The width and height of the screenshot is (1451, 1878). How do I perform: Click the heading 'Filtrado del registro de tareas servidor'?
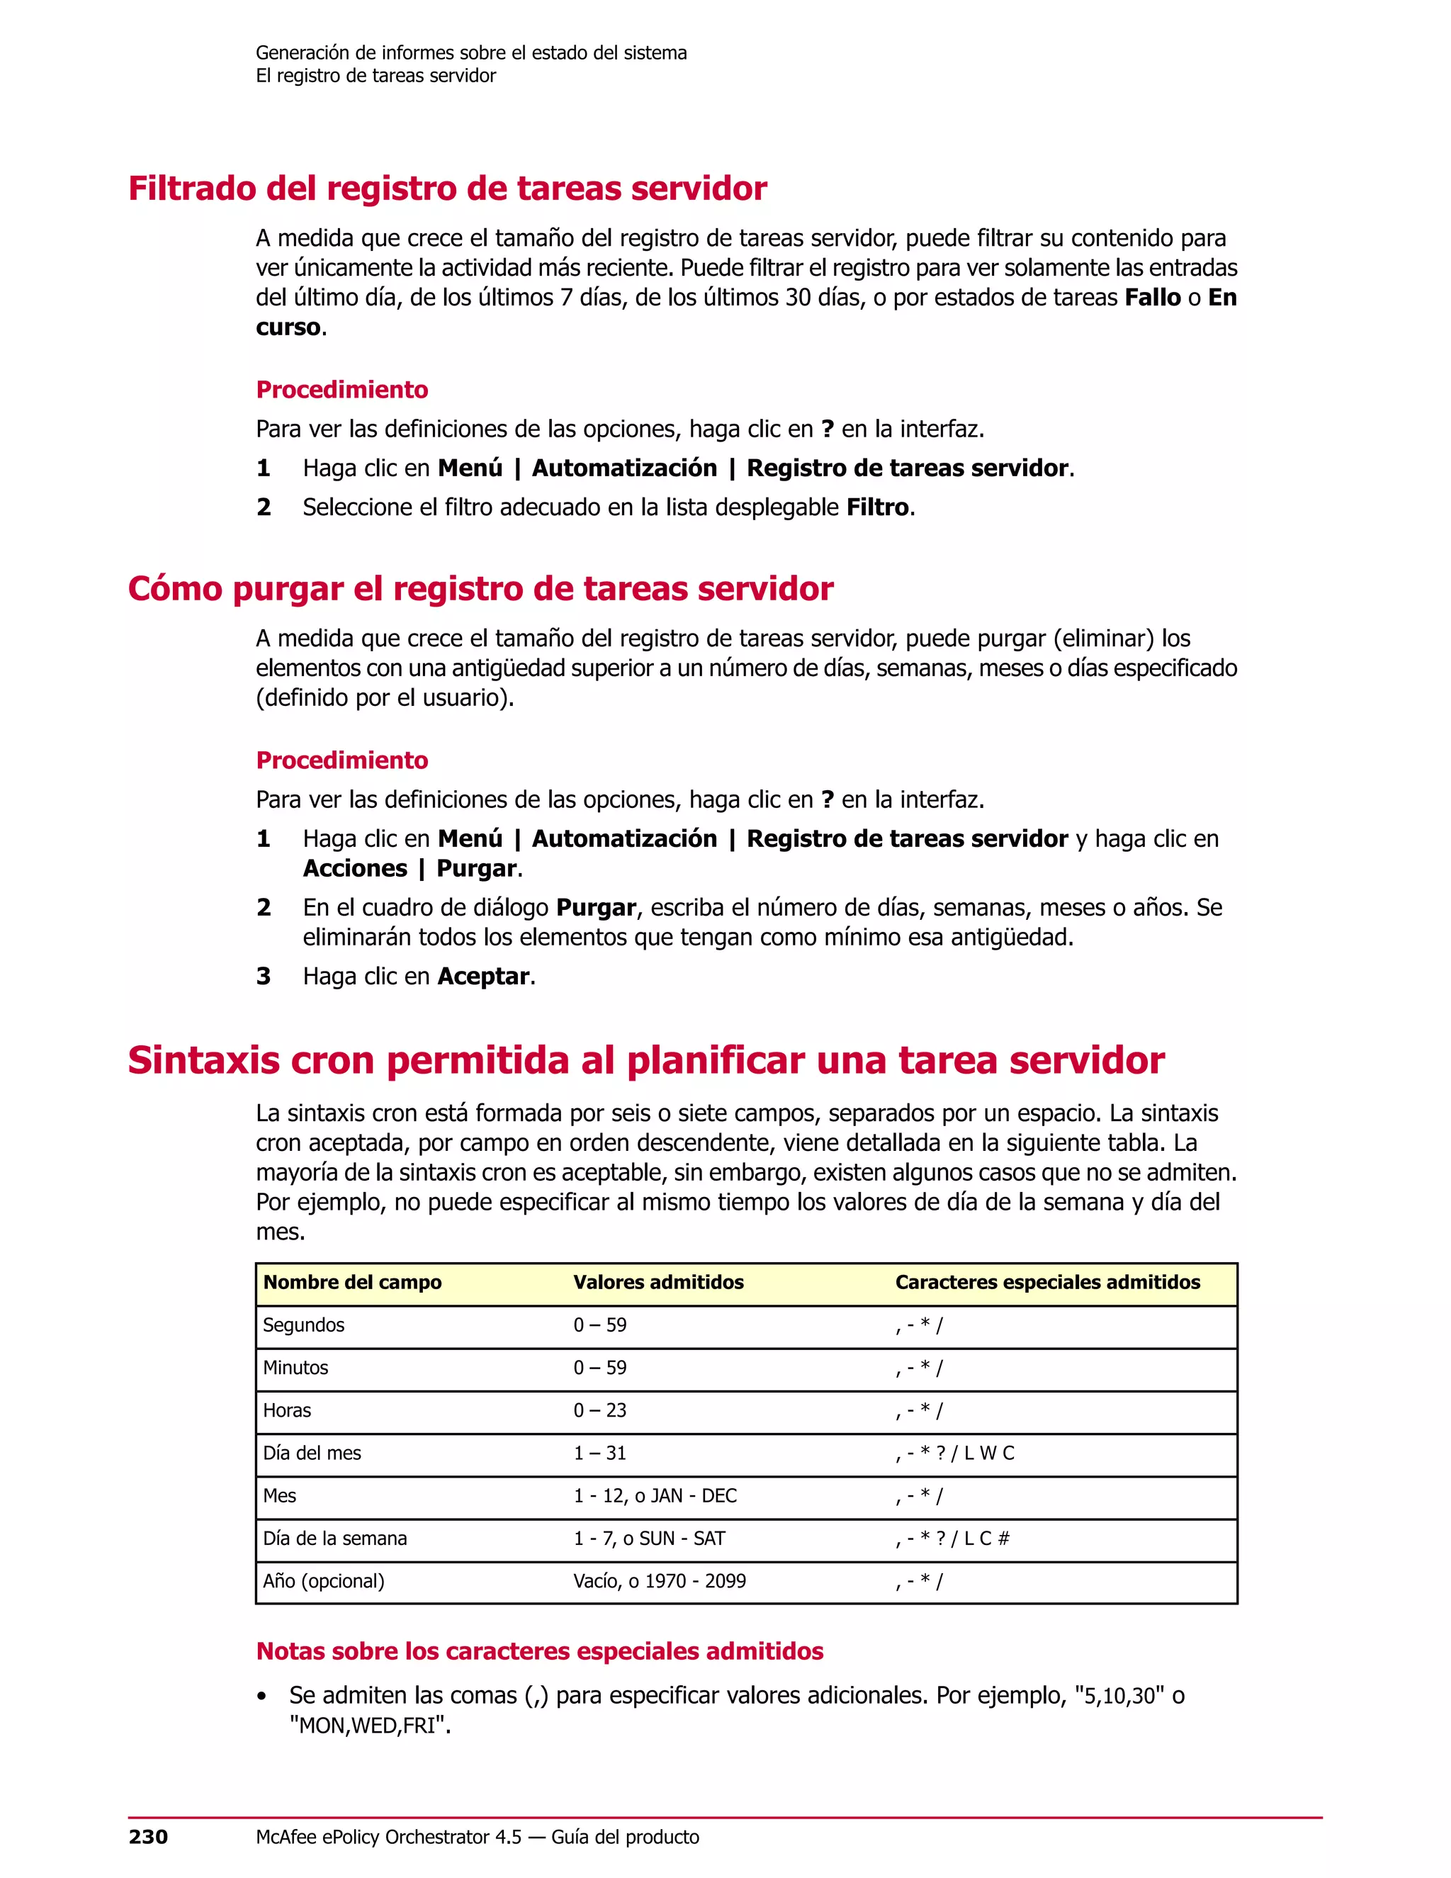pyautogui.click(x=447, y=189)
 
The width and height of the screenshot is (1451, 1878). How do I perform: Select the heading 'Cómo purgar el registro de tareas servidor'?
pyautogui.click(x=480, y=589)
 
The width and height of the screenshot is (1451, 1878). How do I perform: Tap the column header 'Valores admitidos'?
pyautogui.click(x=658, y=1282)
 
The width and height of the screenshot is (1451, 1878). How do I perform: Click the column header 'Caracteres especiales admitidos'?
pyautogui.click(x=1047, y=1282)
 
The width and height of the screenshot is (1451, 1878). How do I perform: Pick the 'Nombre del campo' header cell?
pyautogui.click(x=352, y=1282)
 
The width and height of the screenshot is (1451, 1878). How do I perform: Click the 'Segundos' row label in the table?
pyautogui.click(x=303, y=1325)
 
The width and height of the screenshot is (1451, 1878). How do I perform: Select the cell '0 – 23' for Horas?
pyautogui.click(x=600, y=1410)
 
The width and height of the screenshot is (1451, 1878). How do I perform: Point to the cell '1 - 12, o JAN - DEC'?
pyautogui.click(x=655, y=1495)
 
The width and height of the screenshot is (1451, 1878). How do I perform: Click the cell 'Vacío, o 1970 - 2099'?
pyautogui.click(x=660, y=1580)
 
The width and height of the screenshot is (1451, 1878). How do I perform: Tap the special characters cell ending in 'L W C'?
pyautogui.click(x=954, y=1454)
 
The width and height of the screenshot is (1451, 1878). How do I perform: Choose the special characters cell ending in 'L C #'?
pyautogui.click(x=952, y=1539)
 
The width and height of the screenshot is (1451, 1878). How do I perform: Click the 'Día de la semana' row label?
pyautogui.click(x=335, y=1539)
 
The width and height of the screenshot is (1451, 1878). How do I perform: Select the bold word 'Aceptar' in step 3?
pyautogui.click(x=483, y=977)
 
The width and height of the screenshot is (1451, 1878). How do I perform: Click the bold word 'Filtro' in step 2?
pyautogui.click(x=877, y=507)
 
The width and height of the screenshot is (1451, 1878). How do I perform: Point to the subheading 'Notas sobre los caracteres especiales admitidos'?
pyautogui.click(x=540, y=1651)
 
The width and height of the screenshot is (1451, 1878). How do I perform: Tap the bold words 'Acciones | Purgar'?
pyautogui.click(x=410, y=869)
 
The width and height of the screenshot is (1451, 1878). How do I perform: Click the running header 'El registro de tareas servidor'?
pyautogui.click(x=376, y=76)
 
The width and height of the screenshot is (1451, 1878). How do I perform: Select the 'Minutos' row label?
pyautogui.click(x=295, y=1367)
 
